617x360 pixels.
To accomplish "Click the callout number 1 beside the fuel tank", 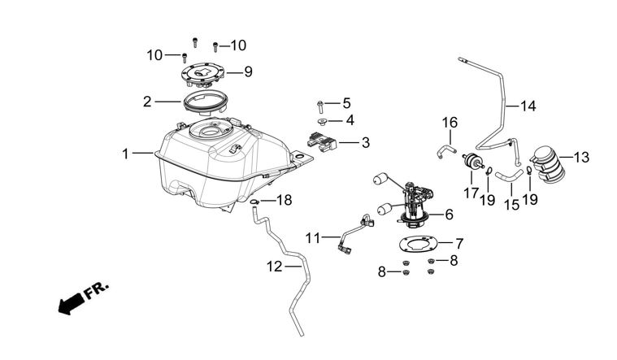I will click(126, 152).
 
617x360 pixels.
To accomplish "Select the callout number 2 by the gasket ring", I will click(147, 102).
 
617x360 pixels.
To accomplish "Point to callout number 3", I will click(365, 142).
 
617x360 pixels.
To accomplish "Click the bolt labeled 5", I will click(321, 104).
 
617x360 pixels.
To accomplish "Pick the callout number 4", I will click(350, 120).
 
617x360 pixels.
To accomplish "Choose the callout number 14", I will click(528, 106).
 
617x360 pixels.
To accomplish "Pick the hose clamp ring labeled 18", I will click(254, 201).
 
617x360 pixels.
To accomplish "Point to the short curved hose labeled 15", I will click(509, 171).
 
